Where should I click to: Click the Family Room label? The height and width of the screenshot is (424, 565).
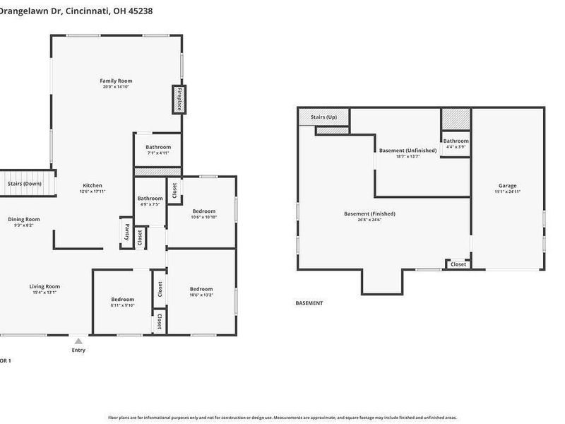(116, 81)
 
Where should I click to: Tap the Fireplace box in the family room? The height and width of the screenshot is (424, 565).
(179, 100)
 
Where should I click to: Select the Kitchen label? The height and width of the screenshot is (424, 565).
(92, 186)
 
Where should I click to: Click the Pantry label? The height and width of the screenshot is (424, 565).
(126, 232)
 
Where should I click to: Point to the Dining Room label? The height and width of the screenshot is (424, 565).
(24, 219)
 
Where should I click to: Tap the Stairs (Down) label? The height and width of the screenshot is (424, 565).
(25, 184)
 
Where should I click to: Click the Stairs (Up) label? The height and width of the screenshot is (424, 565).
(323, 117)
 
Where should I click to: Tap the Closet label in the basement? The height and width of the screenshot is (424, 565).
(458, 264)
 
